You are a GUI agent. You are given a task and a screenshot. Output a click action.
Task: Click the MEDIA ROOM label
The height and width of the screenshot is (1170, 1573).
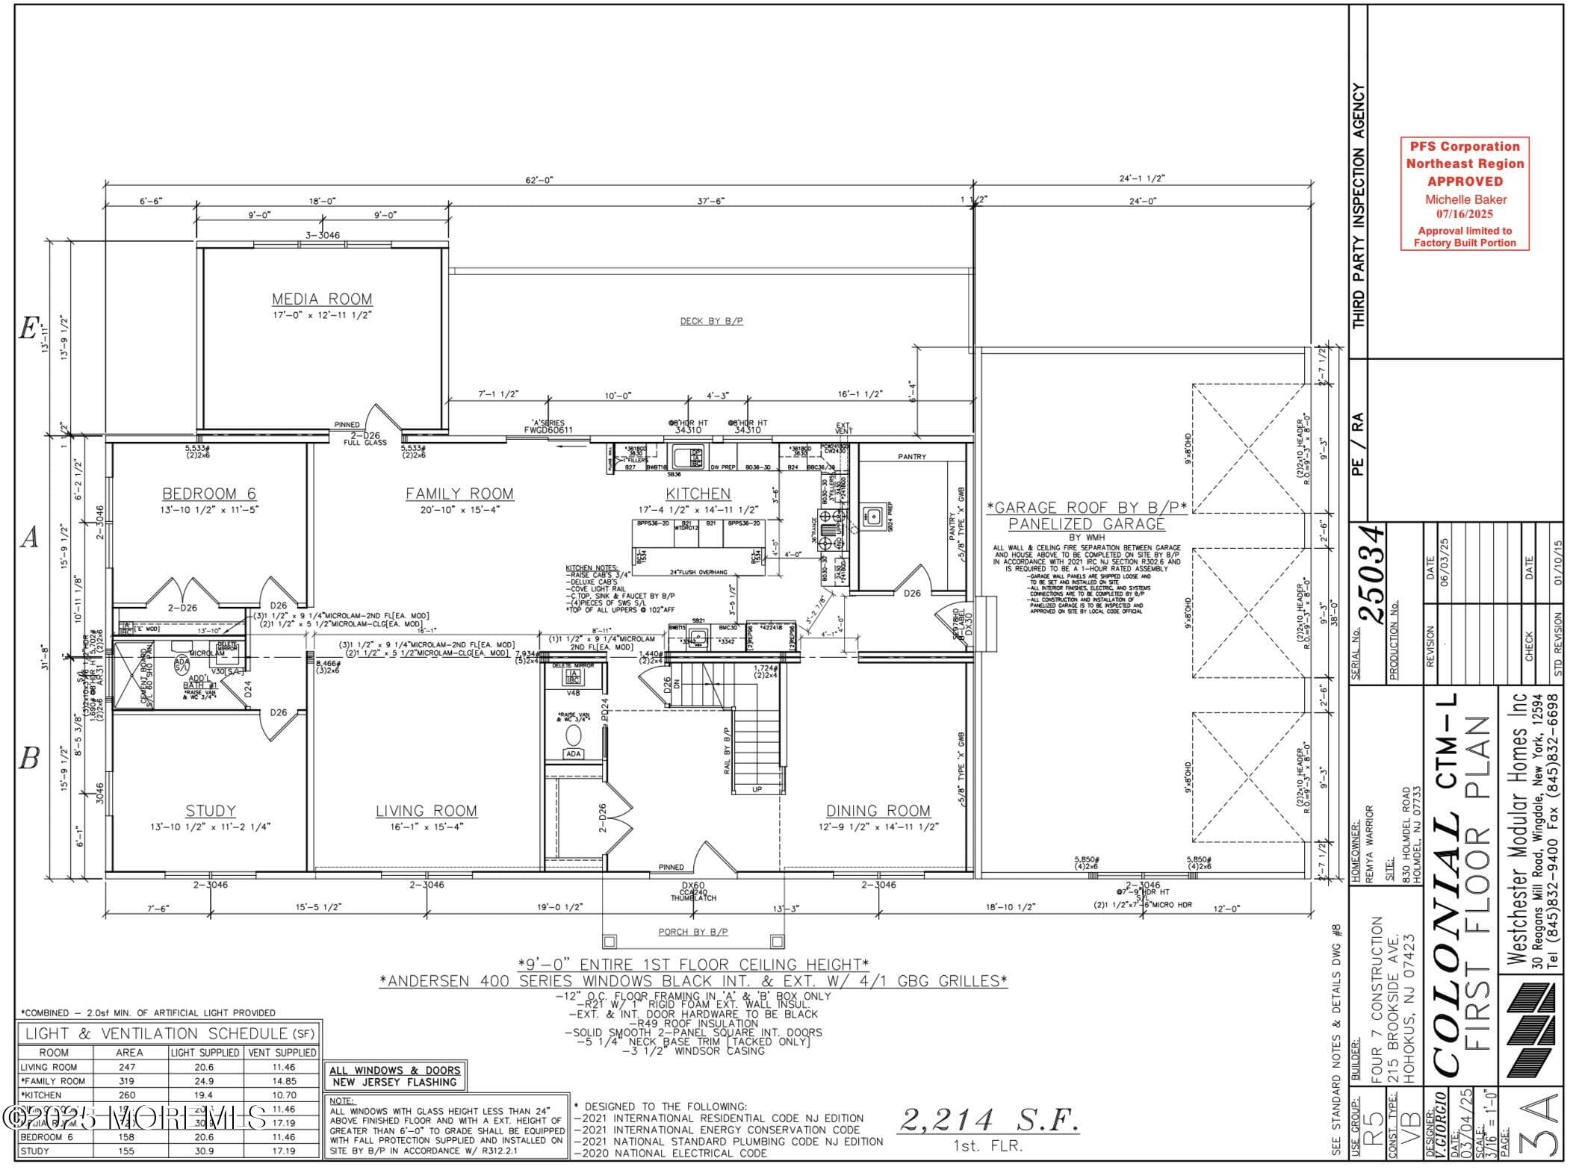point(322,299)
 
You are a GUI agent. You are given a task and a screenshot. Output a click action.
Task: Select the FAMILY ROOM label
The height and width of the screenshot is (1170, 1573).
point(459,494)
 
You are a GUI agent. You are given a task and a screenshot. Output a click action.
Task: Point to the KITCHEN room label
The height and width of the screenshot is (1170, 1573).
point(698,494)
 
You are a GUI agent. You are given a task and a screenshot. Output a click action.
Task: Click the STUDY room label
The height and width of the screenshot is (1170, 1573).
point(211,811)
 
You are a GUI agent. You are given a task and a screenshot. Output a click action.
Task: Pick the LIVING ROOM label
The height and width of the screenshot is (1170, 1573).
point(426,811)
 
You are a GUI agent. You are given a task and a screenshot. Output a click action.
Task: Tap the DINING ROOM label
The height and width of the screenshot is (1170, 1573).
point(878,811)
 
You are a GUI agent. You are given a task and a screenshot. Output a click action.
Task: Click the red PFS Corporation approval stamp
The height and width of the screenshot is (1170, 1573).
point(1464,193)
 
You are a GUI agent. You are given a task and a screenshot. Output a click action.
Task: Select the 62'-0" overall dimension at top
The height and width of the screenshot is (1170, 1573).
point(539,180)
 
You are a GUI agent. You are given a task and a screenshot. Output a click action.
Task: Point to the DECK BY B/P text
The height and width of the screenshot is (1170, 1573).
point(711,321)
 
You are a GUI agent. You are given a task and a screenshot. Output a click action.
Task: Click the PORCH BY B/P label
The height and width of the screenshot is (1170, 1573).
point(692,931)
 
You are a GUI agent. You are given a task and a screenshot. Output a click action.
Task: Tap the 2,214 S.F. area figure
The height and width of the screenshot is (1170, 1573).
point(988,1120)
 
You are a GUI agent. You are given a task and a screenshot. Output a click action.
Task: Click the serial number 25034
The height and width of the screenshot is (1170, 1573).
point(1374,574)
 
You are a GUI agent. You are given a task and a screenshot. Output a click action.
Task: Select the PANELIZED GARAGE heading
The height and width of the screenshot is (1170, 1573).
point(1086,524)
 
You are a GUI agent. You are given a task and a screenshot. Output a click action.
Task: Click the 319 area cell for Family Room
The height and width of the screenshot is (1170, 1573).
point(127,1080)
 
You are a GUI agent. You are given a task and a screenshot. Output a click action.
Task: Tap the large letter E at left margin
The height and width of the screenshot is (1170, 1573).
point(28,329)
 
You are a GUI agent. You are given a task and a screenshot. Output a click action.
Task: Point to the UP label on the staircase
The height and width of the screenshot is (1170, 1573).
point(757,789)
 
